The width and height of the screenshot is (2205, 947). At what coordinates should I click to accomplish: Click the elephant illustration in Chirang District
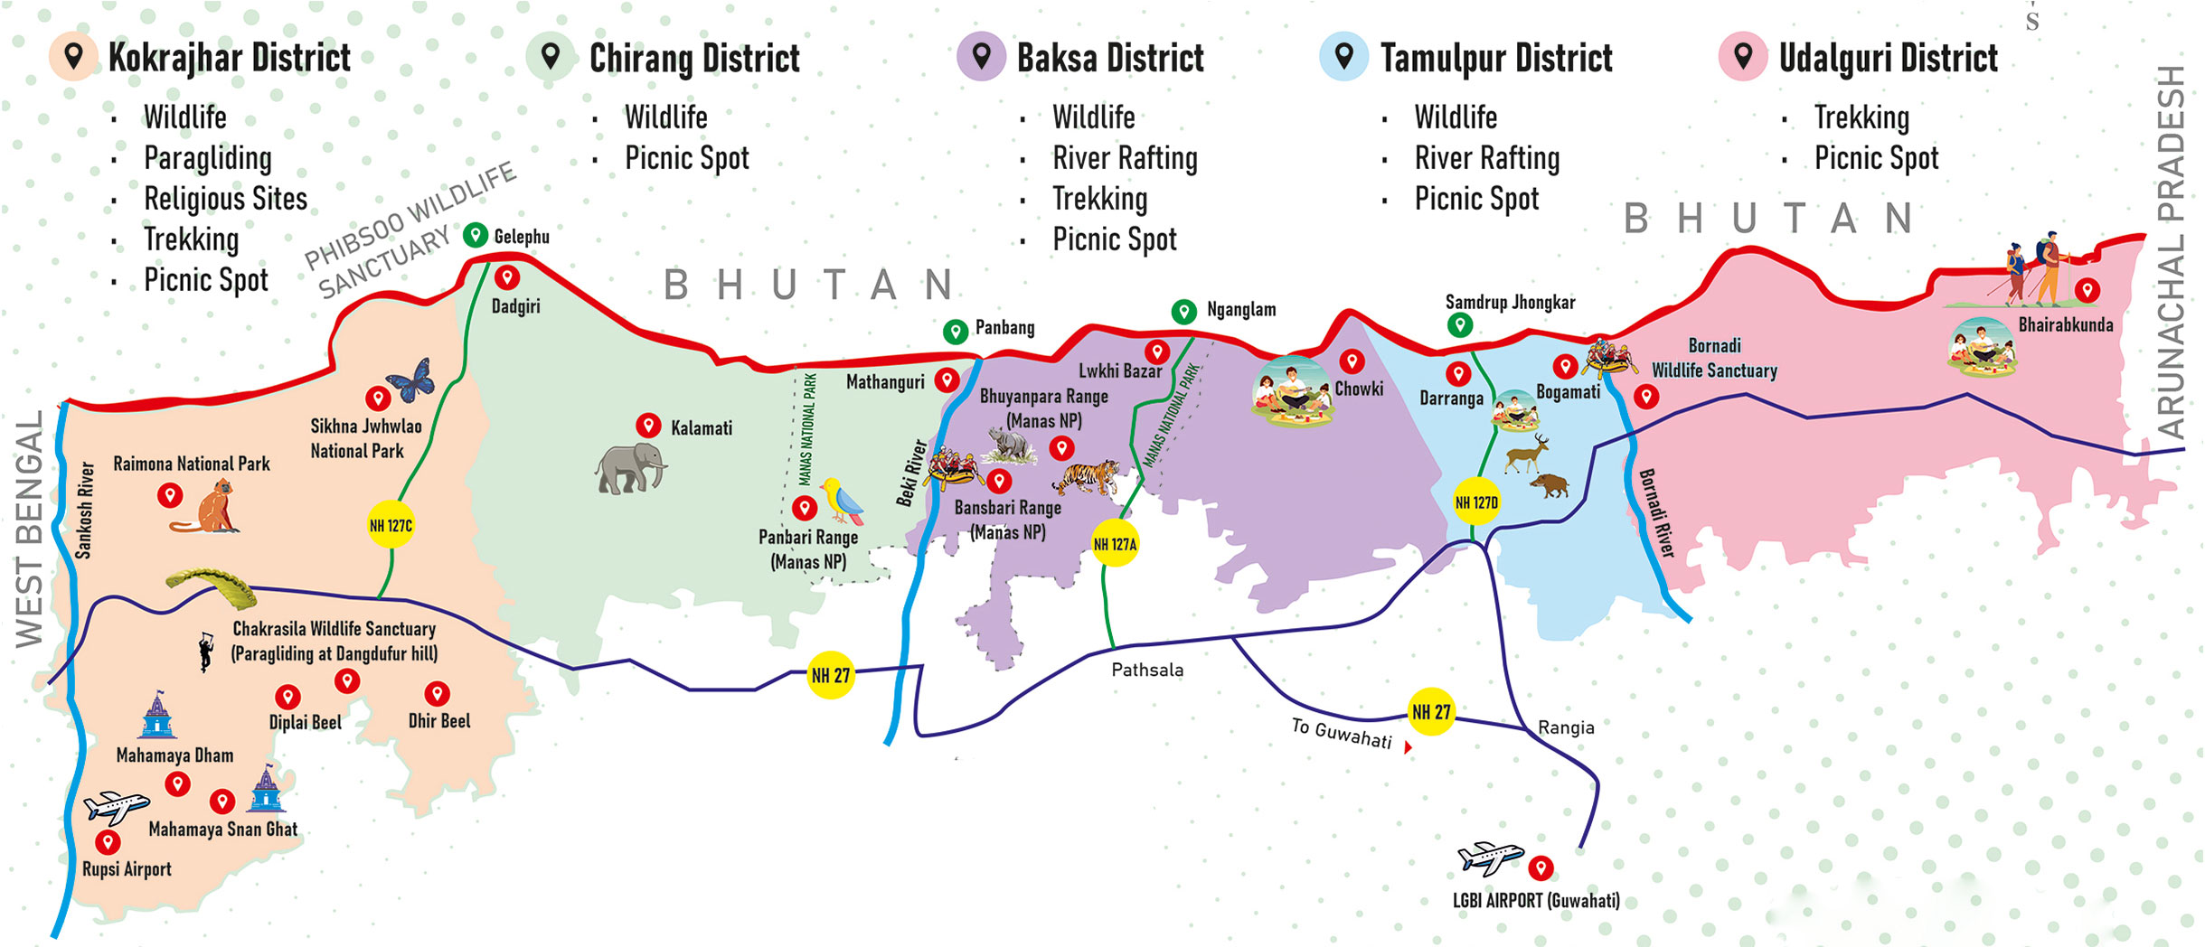coord(631,466)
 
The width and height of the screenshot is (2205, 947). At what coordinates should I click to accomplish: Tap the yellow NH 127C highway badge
coord(391,525)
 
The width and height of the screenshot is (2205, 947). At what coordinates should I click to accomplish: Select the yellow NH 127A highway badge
coord(1115,544)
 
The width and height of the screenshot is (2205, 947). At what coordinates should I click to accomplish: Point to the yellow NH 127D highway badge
coord(1475,502)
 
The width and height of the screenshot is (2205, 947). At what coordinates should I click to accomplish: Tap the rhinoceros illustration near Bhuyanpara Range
coord(1010,443)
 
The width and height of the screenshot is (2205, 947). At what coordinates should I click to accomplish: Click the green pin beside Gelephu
coord(476,236)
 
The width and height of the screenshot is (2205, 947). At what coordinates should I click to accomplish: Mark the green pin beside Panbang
coord(956,331)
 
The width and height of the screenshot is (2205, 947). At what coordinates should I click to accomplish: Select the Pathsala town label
coord(1147,670)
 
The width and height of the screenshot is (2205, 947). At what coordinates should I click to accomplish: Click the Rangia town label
coord(1566,727)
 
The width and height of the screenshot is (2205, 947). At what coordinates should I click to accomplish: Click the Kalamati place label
coord(701,428)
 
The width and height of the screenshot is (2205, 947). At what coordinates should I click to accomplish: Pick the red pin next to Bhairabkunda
coord(2087,290)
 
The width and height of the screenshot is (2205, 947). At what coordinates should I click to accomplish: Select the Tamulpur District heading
coord(1495,58)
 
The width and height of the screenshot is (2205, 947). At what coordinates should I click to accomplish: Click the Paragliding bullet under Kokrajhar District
coord(207,158)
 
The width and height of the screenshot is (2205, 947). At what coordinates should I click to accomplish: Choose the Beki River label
coord(911,473)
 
